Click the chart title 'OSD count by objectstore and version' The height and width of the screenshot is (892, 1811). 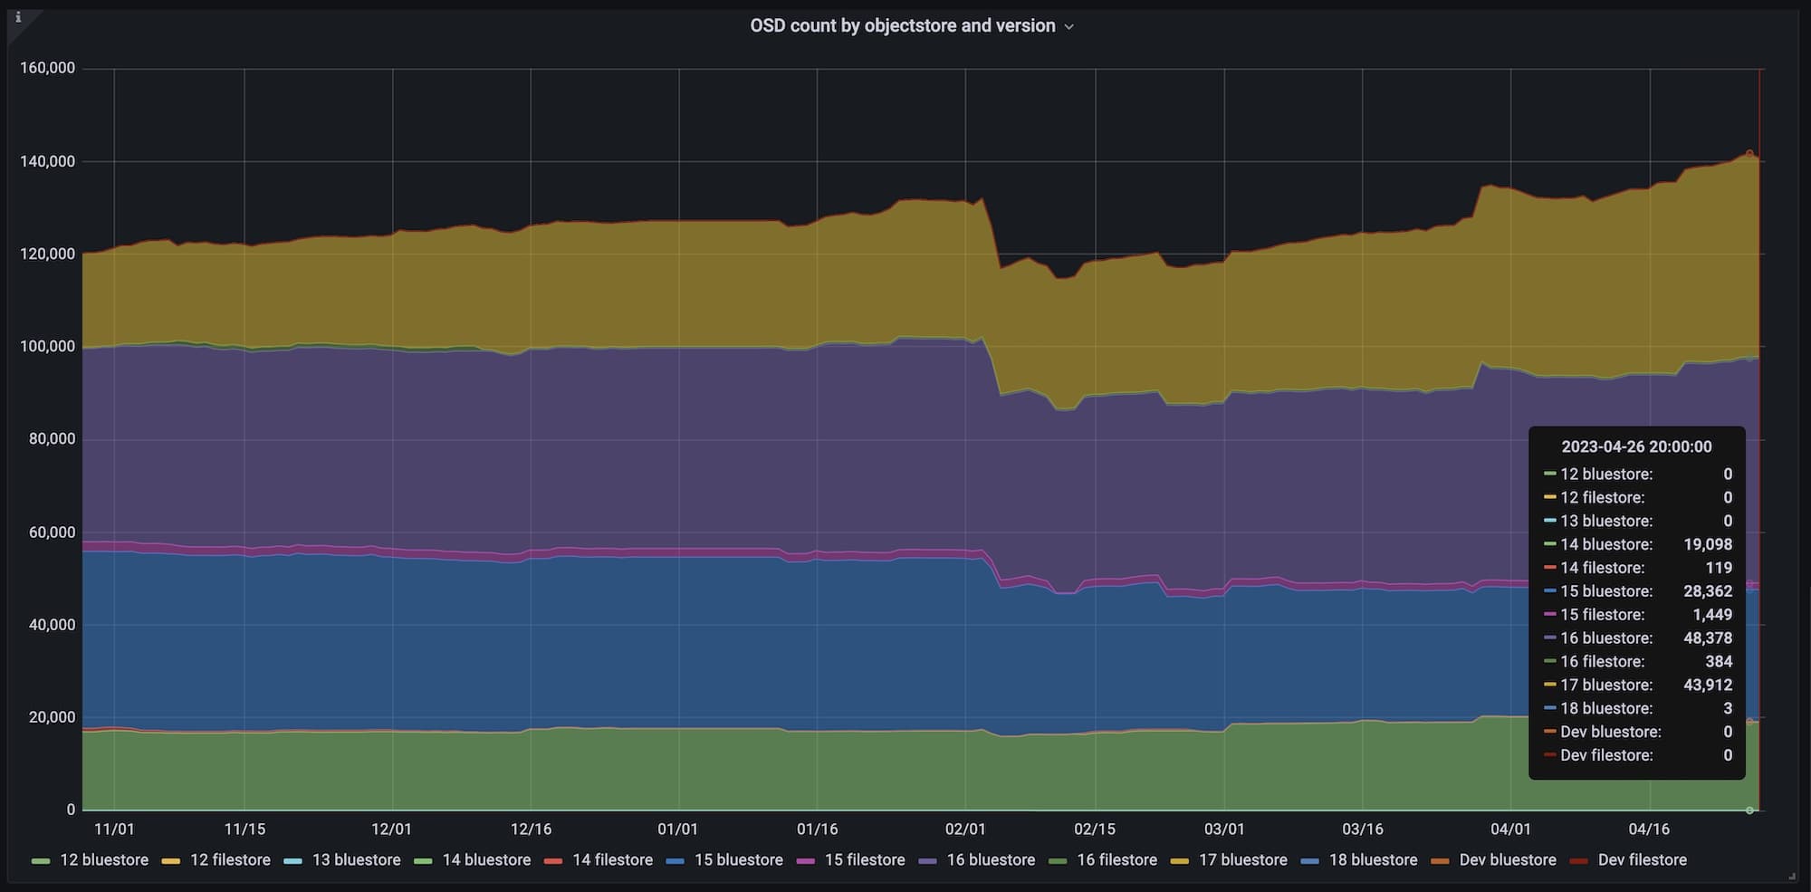(902, 26)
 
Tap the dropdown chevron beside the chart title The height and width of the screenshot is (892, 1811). (1069, 27)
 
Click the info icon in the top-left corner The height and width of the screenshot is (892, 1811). (18, 17)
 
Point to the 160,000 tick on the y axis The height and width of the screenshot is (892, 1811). (47, 69)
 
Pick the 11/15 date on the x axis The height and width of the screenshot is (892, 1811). (244, 830)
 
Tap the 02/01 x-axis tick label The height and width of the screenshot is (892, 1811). (965, 830)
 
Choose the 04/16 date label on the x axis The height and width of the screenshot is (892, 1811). (1649, 830)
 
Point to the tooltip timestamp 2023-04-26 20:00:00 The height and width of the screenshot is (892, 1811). (1636, 446)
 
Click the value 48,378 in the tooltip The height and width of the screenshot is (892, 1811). (1708, 638)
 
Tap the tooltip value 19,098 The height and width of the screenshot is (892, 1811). (1708, 544)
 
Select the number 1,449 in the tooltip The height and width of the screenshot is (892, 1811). (1712, 615)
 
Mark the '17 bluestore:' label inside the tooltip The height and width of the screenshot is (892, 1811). (1605, 686)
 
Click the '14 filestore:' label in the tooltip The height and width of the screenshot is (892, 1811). (1602, 568)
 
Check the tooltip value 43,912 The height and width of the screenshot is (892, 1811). (1708, 686)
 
